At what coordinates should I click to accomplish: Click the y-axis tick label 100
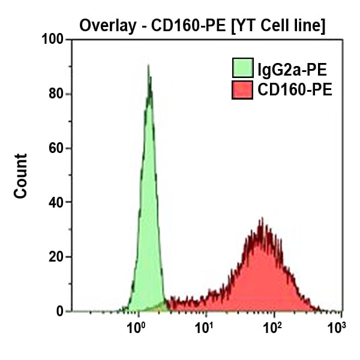pyautogui.click(x=52, y=40)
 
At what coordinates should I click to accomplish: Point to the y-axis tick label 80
pyautogui.click(x=56, y=94)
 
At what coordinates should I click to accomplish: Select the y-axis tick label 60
pyautogui.click(x=56, y=148)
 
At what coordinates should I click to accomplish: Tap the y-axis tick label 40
pyautogui.click(x=56, y=203)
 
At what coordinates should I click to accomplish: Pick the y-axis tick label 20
pyautogui.click(x=56, y=257)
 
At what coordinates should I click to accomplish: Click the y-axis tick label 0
pyautogui.click(x=61, y=311)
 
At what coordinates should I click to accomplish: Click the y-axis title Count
pyautogui.click(x=21, y=176)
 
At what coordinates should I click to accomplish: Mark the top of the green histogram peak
pyautogui.click(x=148, y=67)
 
